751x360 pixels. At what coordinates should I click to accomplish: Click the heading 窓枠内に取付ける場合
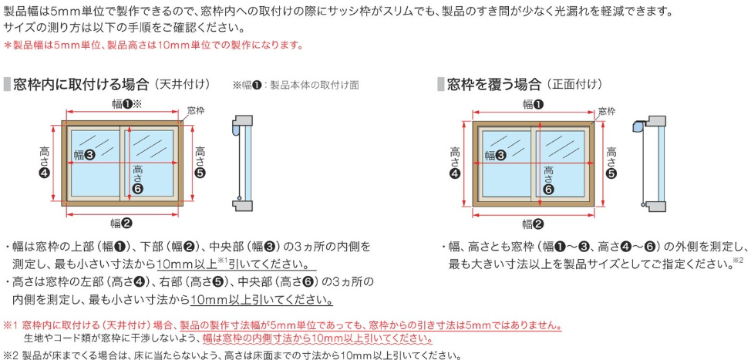[x=82, y=85]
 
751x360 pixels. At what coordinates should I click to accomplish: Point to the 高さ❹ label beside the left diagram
[x=45, y=163]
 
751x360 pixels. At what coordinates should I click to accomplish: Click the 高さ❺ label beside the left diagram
[x=200, y=163]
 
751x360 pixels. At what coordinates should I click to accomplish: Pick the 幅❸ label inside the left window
[x=84, y=154]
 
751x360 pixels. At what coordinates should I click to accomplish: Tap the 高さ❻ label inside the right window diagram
[x=549, y=180]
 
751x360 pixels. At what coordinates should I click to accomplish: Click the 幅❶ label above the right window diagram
[x=533, y=104]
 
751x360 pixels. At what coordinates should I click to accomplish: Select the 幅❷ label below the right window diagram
[x=533, y=223]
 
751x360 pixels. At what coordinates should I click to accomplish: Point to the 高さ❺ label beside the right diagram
[x=611, y=163]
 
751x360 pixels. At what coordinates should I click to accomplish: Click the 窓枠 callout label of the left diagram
[x=195, y=110]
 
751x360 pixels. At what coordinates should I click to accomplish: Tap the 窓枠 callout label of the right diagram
[x=606, y=112]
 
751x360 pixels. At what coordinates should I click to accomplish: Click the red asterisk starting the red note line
[x=7, y=45]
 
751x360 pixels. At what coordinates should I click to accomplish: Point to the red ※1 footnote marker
[x=11, y=325]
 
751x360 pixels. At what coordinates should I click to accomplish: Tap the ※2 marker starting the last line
[x=11, y=355]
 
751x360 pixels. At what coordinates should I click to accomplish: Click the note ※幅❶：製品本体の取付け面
[x=296, y=86]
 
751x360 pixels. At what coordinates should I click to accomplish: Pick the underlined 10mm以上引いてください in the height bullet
[x=261, y=300]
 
